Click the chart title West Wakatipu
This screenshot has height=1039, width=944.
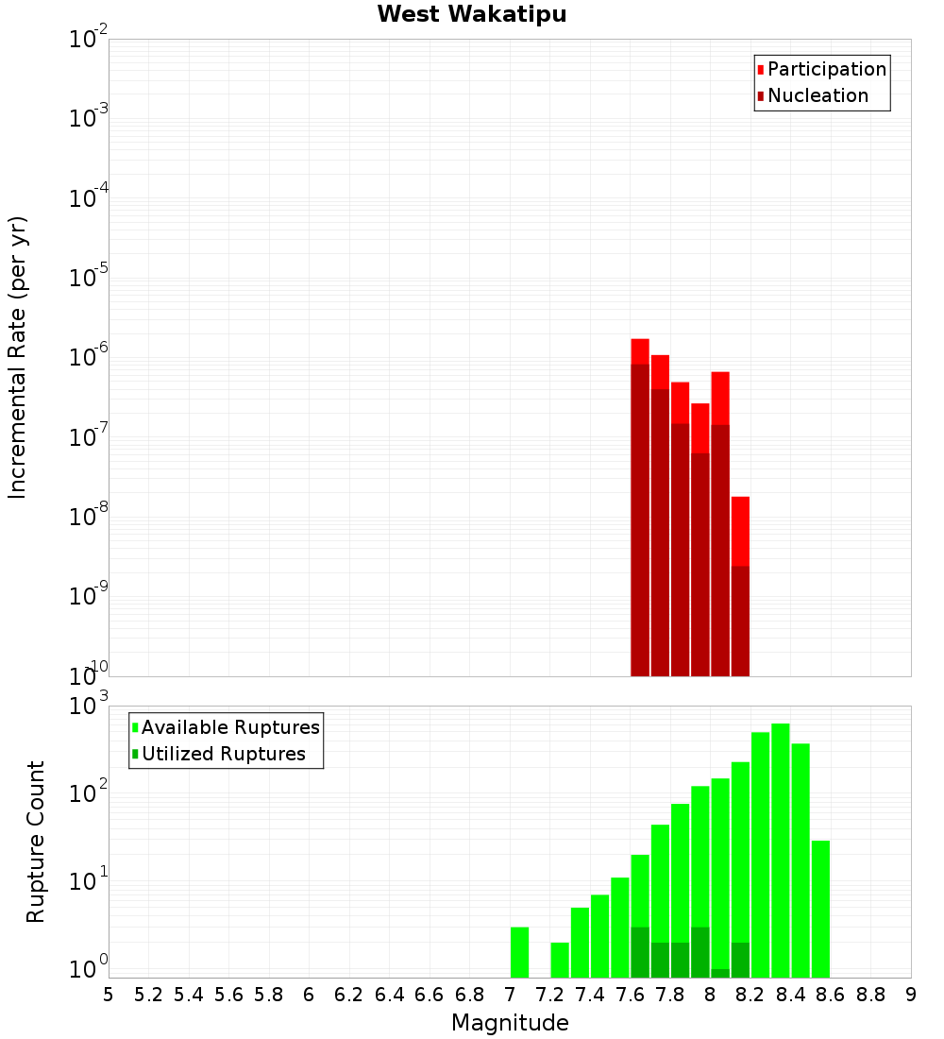pyautogui.click(x=472, y=15)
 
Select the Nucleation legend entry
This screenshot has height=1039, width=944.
pyautogui.click(x=818, y=96)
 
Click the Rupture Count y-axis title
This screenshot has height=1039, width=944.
pyautogui.click(x=36, y=842)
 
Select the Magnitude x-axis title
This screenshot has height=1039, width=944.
pyautogui.click(x=510, y=1023)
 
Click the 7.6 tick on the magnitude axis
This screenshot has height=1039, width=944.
pyautogui.click(x=631, y=995)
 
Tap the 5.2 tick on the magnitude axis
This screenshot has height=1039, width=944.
pyautogui.click(x=149, y=995)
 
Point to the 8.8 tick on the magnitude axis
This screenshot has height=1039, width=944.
pyautogui.click(x=870, y=995)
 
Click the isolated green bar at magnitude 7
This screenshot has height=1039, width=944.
pyautogui.click(x=519, y=952)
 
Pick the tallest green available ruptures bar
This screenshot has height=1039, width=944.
pyautogui.click(x=781, y=850)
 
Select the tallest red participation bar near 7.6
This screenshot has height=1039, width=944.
pyautogui.click(x=640, y=350)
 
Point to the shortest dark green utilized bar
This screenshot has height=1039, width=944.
pyautogui.click(x=720, y=973)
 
